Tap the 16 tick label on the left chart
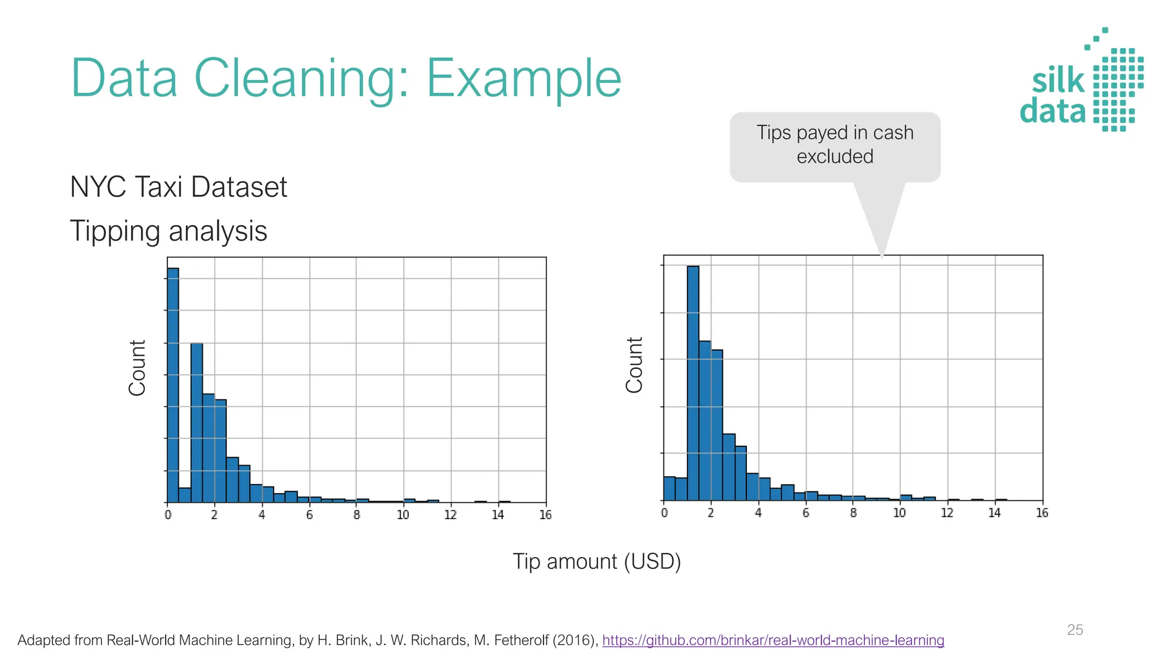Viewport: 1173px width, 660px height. click(x=545, y=515)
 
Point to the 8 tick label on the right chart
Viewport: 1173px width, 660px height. click(x=853, y=513)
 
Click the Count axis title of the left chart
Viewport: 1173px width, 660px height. click(x=137, y=368)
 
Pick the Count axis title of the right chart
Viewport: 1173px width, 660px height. click(x=635, y=365)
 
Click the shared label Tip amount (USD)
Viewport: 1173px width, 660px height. click(x=597, y=561)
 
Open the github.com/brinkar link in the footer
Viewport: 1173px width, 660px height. click(x=773, y=640)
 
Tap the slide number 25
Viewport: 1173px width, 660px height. click(x=1075, y=630)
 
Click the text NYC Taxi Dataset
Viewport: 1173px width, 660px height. click(x=179, y=187)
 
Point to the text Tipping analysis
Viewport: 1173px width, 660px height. click(x=168, y=231)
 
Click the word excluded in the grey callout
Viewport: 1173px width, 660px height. click(x=835, y=156)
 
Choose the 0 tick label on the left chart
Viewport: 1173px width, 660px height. click(x=168, y=515)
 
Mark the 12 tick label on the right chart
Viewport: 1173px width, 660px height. click(x=947, y=513)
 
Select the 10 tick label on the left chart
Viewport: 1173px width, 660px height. click(x=403, y=515)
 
